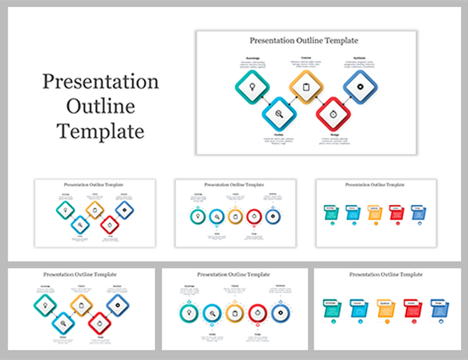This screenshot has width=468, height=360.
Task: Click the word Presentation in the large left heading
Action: (101, 82)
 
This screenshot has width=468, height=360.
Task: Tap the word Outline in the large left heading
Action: (101, 107)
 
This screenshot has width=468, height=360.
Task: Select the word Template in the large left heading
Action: (101, 131)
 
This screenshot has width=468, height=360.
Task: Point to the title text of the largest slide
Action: (305, 41)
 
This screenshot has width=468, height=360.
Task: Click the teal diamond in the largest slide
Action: (252, 87)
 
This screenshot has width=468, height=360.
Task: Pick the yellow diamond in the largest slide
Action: (306, 87)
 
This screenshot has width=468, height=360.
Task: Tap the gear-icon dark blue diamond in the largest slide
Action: (360, 87)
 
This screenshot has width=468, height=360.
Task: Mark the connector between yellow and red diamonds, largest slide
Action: (319, 101)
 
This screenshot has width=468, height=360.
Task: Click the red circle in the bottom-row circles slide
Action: (258, 313)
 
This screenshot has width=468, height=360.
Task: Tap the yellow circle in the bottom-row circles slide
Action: (235, 313)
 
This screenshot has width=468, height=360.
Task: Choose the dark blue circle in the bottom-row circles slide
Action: (281, 313)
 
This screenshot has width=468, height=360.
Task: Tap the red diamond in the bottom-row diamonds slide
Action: (99, 322)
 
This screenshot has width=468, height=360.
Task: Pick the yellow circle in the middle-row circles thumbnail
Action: (235, 217)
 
